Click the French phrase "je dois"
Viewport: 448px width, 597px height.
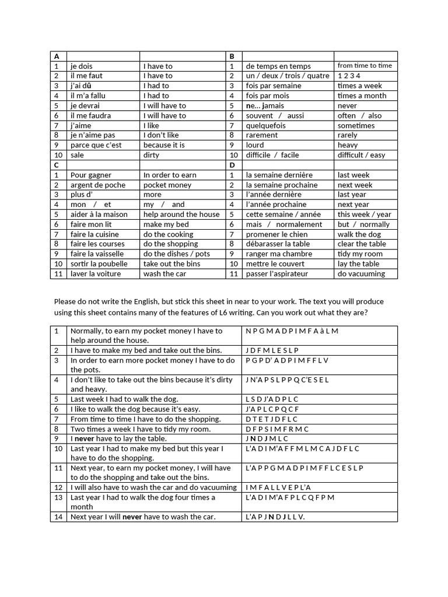tap(81, 66)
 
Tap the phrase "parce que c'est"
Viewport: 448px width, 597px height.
tap(96, 145)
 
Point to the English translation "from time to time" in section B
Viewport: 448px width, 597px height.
tap(365, 66)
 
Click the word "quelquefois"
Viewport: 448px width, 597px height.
tap(266, 125)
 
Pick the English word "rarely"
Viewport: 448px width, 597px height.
tap(347, 135)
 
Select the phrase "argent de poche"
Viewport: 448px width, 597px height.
tap(97, 185)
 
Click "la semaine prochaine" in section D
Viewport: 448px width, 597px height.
tap(282, 185)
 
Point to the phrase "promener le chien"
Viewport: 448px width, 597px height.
tap(277, 234)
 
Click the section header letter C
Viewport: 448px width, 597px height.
tap(57, 165)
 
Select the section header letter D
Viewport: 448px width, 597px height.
tap(232, 165)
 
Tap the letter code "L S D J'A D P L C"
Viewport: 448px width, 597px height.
tap(272, 399)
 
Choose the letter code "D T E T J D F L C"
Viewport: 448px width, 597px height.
tap(272, 419)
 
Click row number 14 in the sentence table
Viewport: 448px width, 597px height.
tap(58, 517)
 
